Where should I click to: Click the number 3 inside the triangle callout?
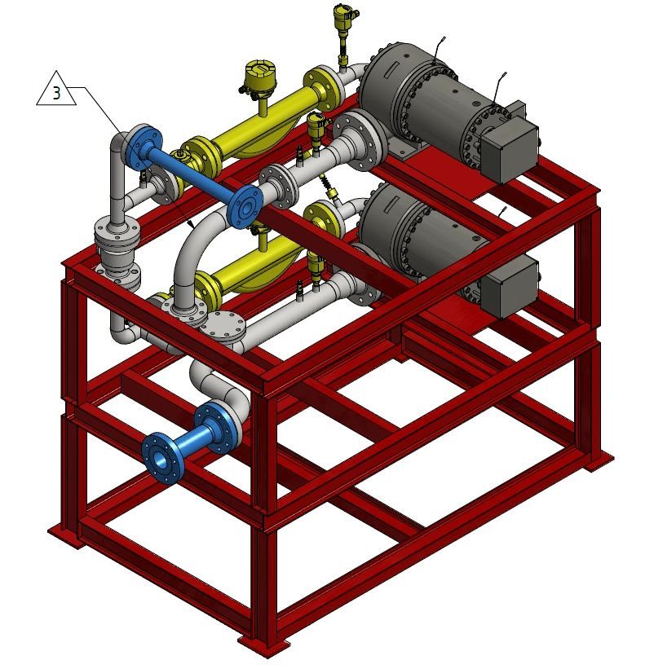pos(57,93)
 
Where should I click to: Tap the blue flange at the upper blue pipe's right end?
pos(245,206)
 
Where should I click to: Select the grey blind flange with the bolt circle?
pos(223,327)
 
